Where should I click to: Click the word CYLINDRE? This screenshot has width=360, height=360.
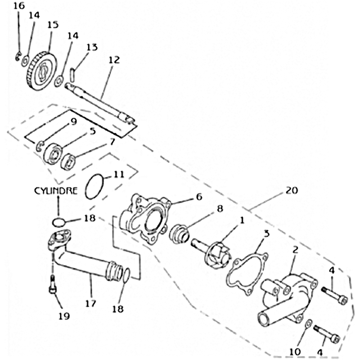click(56, 190)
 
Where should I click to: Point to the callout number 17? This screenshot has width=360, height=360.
click(90, 304)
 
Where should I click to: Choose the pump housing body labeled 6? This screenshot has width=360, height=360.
click(146, 219)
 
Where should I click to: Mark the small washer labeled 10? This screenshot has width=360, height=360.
click(307, 324)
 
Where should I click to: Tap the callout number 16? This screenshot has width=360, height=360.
click(18, 5)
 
